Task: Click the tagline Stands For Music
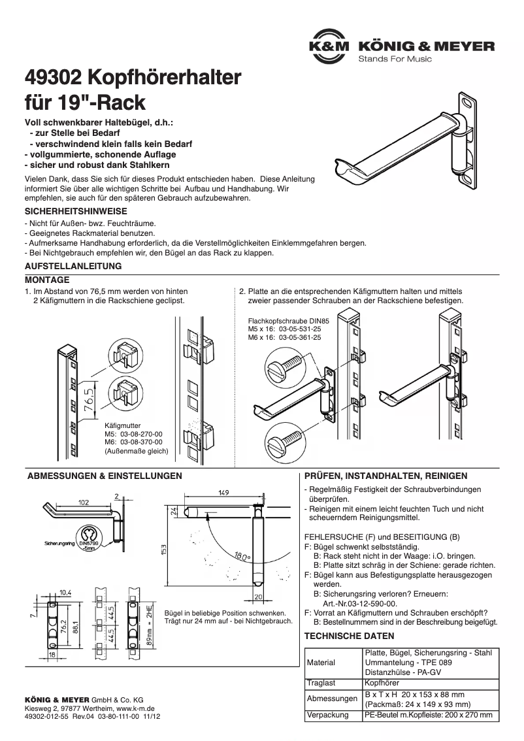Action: [395, 59]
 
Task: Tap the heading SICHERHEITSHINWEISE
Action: [76, 212]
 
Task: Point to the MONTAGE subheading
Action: [47, 279]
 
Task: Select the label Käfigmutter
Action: [123, 425]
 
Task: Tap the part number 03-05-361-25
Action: [299, 338]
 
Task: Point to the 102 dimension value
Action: [84, 503]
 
